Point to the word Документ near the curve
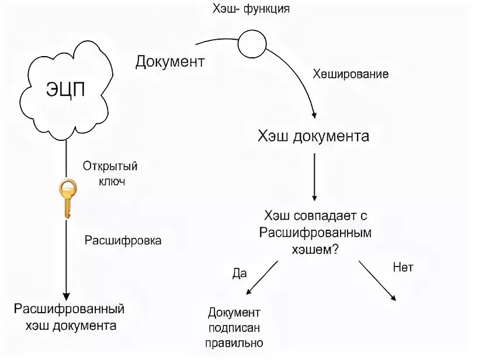tap(170, 62)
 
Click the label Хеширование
tap(350, 75)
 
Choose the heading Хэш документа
tap(314, 136)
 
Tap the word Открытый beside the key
tap(110, 167)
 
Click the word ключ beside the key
tap(110, 182)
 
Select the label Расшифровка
tap(123, 240)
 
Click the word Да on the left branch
tap(239, 273)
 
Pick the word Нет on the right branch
tap(402, 268)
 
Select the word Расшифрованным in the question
tap(315, 232)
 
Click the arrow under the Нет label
tap(377, 281)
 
